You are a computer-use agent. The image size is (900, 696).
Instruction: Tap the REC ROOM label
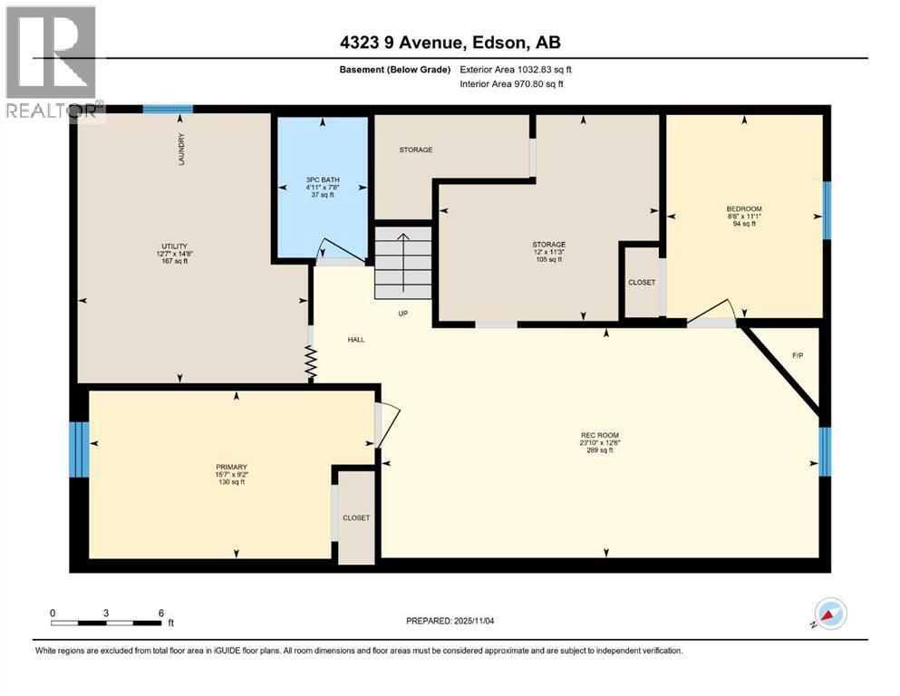[x=600, y=436]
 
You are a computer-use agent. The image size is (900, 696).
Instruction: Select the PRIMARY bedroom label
[x=232, y=467]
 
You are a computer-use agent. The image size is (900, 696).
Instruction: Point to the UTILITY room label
[x=174, y=246]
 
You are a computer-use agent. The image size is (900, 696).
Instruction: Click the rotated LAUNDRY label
[x=181, y=150]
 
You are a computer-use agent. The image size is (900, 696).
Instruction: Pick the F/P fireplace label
[x=798, y=355]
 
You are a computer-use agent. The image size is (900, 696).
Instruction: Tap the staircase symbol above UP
[x=403, y=262]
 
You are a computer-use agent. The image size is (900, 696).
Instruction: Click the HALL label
[x=355, y=340]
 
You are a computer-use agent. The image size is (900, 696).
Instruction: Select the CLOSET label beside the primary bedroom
[x=356, y=517]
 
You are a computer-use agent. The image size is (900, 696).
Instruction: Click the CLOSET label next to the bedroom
[x=642, y=282]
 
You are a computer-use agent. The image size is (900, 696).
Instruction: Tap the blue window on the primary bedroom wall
[x=80, y=449]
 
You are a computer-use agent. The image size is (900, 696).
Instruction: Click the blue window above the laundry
[x=168, y=109]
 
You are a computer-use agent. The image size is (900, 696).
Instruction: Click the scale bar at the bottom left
[x=107, y=623]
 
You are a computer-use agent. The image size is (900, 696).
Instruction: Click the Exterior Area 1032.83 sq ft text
[x=516, y=69]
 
